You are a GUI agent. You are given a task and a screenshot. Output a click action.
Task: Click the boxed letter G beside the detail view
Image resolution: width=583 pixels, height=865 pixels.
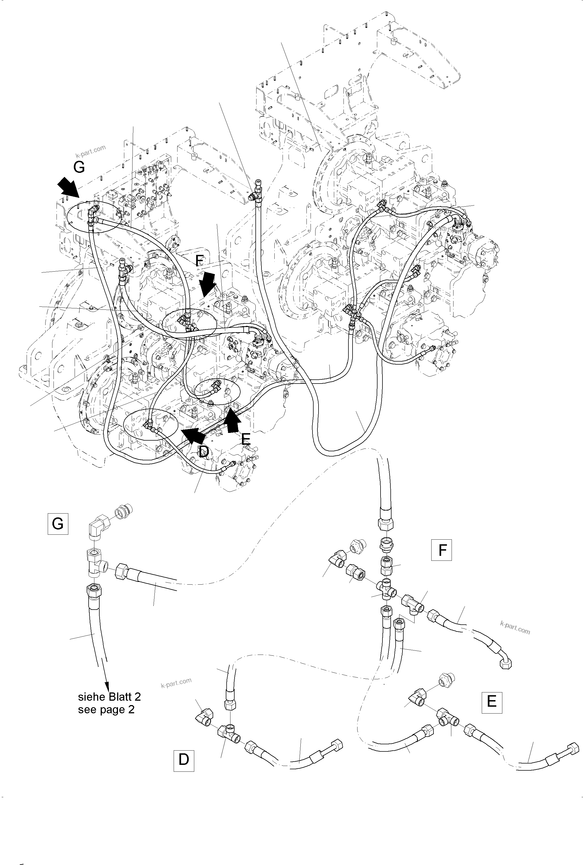point(58,524)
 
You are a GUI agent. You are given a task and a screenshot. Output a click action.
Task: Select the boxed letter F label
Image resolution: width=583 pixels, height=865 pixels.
point(441,550)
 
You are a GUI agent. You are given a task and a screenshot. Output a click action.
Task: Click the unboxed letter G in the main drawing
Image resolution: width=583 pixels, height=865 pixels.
point(79,167)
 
